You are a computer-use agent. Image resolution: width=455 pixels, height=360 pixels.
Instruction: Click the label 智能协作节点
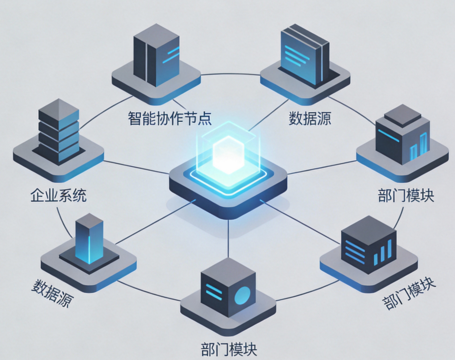(x=170, y=118)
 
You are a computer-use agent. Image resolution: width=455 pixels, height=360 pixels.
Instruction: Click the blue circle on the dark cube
(x=242, y=295)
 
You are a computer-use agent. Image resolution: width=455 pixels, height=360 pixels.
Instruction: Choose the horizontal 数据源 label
(x=310, y=118)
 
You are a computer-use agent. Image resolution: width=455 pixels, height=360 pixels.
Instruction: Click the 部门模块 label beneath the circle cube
(x=229, y=348)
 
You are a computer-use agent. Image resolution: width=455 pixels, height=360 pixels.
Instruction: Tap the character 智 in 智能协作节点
(x=135, y=118)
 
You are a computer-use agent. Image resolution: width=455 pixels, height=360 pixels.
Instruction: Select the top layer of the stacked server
(x=59, y=108)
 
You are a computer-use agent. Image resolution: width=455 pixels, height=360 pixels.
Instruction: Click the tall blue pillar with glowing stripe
(x=89, y=238)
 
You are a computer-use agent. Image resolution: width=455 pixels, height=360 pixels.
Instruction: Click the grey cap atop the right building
(x=402, y=114)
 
